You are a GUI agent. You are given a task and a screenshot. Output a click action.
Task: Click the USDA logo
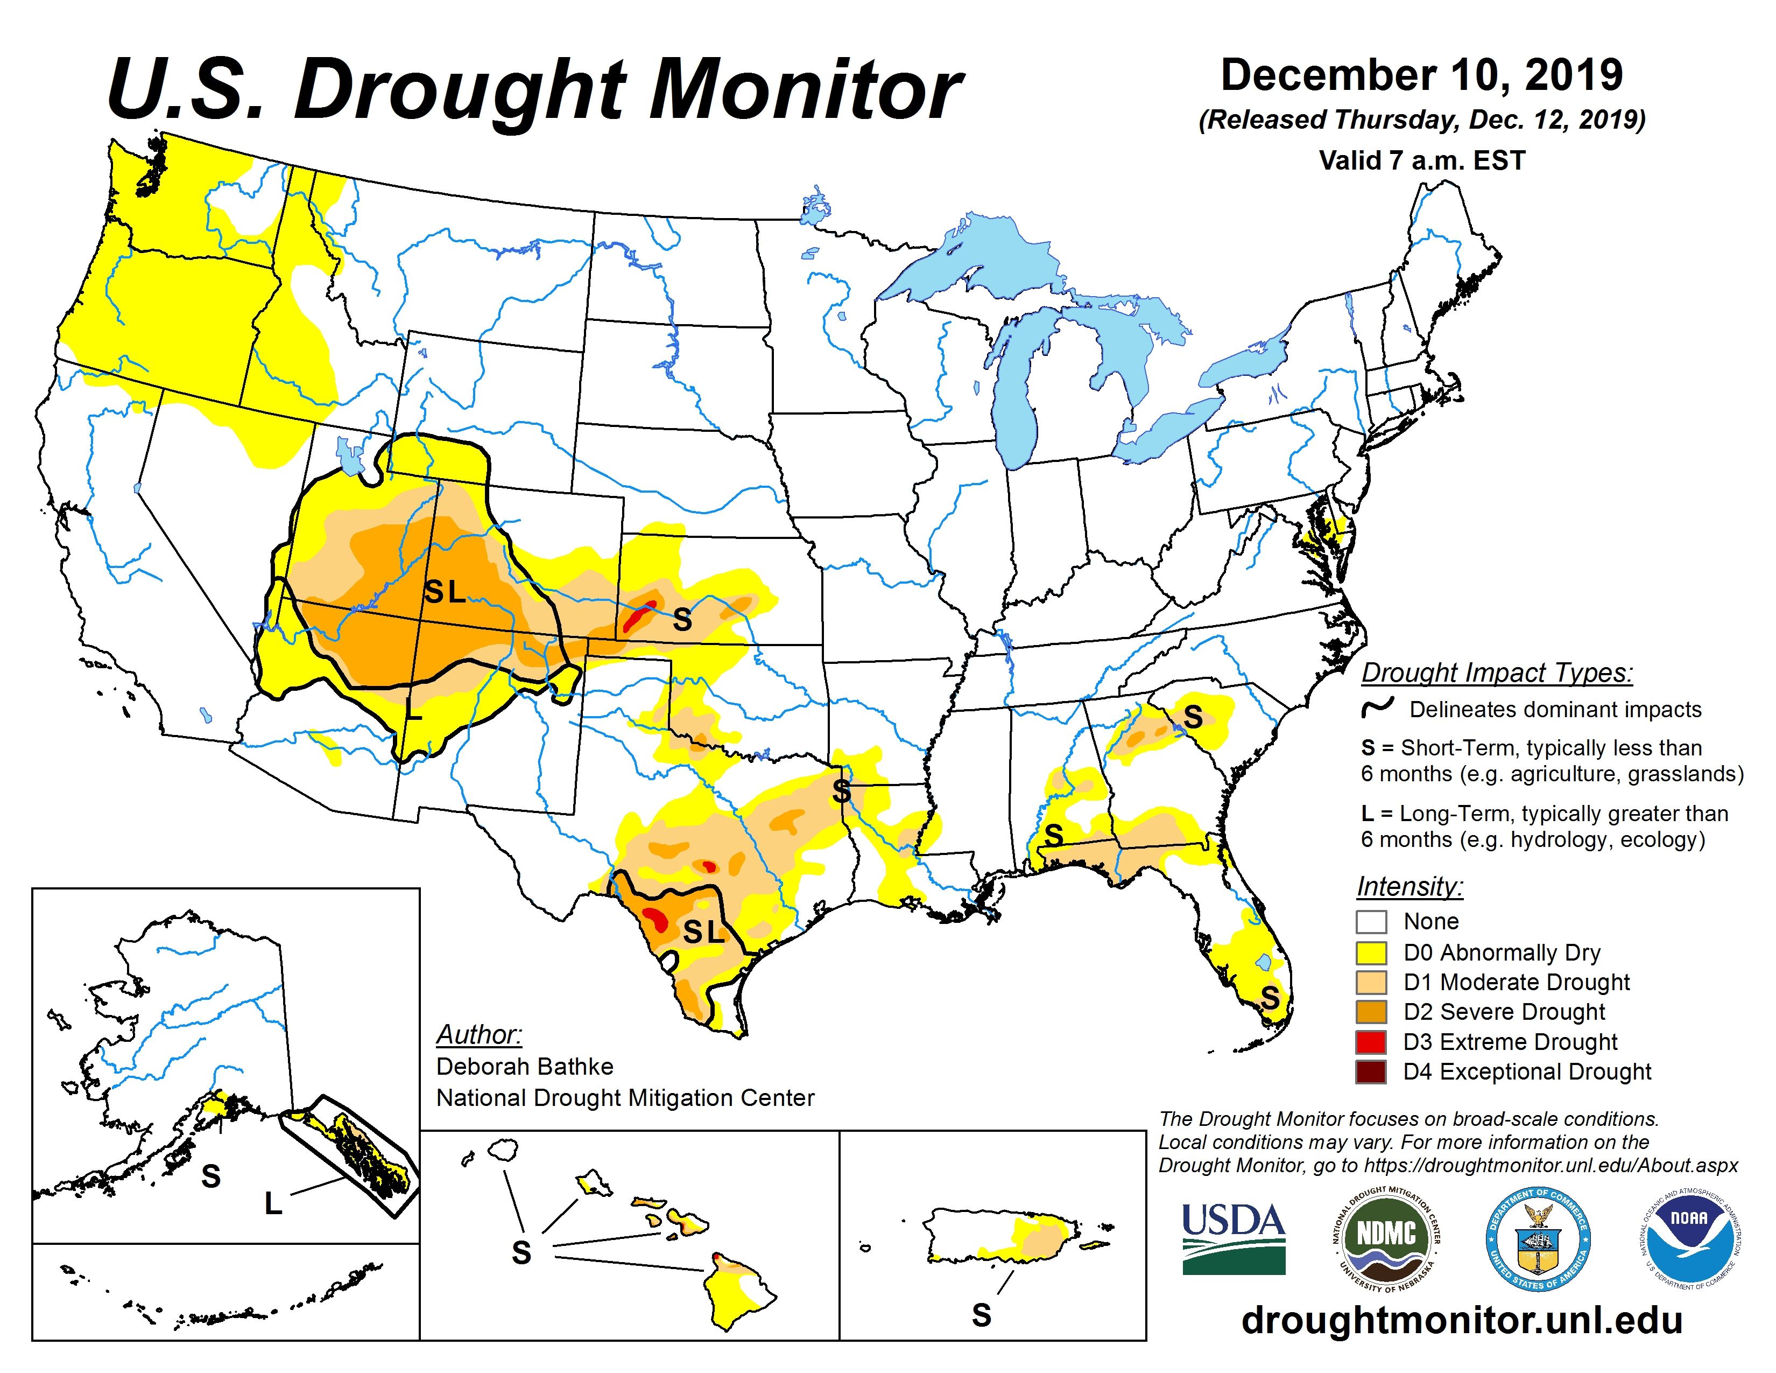coord(1233,1237)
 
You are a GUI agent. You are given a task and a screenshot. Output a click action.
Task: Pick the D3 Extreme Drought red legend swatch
coord(1371,1042)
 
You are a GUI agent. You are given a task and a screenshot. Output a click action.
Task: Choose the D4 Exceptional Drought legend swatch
coord(1371,1072)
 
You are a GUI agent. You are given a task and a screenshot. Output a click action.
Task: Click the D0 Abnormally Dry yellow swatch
coord(1371,952)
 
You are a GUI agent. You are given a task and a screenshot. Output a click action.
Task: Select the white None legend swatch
coord(1371,922)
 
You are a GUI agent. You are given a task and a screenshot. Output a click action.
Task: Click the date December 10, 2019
coord(1421,75)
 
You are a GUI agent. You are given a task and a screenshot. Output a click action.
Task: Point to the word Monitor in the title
coord(805,91)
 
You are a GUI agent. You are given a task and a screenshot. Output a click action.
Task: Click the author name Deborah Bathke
coord(525,1066)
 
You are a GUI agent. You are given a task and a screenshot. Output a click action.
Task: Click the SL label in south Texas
coord(703,932)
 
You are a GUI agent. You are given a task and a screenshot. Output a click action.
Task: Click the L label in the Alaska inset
coord(273,1203)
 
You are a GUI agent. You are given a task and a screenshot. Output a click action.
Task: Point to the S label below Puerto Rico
coord(982,1315)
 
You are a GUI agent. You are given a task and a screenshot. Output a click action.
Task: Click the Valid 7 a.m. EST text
coord(1421,160)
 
